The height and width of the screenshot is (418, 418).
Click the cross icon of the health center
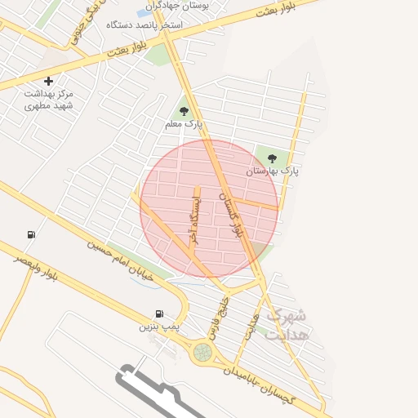click(x=49, y=81)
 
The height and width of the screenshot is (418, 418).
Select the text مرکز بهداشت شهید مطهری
click(x=48, y=100)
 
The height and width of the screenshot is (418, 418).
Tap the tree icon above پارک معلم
click(x=183, y=111)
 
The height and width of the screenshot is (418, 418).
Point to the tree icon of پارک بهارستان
click(x=272, y=158)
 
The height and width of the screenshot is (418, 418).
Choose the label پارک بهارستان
click(x=273, y=172)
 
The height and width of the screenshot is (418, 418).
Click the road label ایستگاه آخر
click(x=193, y=219)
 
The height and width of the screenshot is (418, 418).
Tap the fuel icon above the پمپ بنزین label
click(x=159, y=313)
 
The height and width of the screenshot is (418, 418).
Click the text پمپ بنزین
click(x=158, y=327)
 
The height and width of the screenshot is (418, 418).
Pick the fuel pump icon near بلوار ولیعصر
click(x=31, y=235)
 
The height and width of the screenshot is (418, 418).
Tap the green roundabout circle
click(x=202, y=352)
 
